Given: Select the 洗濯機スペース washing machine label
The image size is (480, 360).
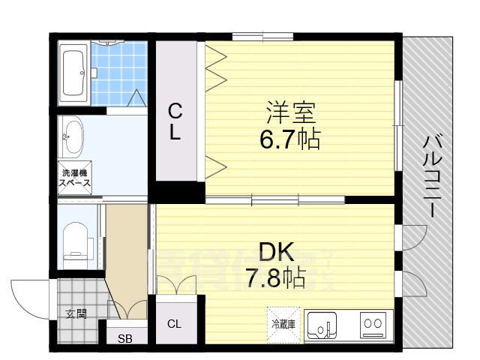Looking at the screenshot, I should (75, 178).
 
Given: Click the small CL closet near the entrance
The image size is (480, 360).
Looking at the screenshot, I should (174, 324).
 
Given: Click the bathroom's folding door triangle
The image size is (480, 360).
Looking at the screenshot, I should (136, 98).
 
